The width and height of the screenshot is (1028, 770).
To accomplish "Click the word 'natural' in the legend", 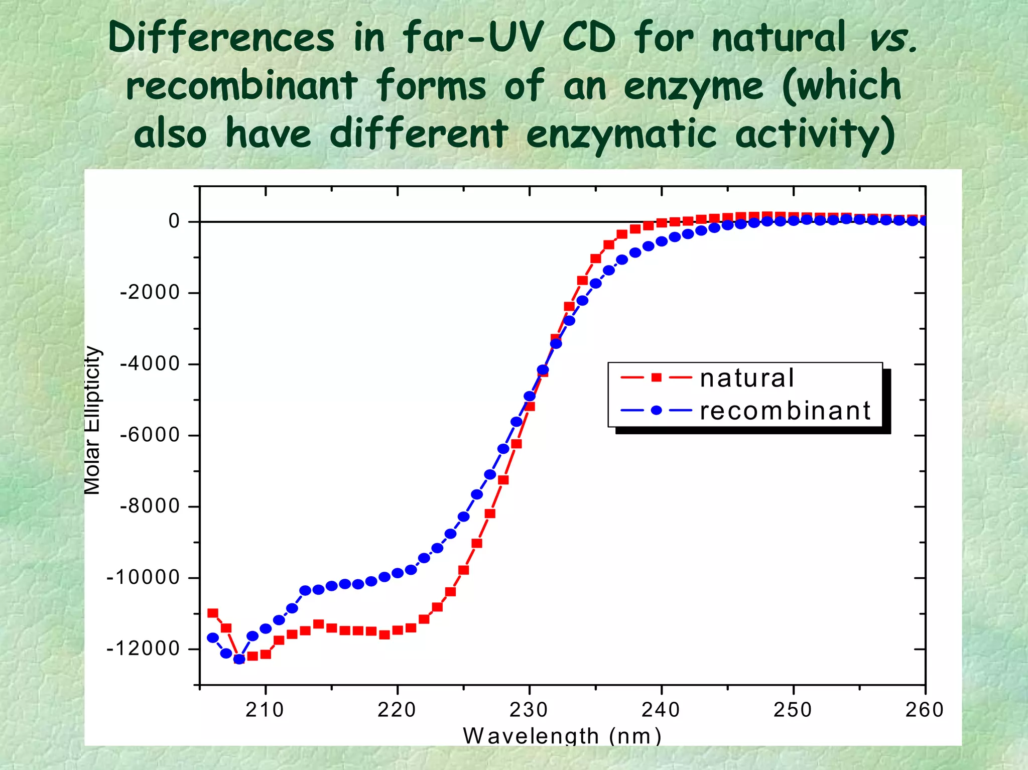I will [746, 378].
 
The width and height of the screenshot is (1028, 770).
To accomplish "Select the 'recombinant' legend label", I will [785, 411].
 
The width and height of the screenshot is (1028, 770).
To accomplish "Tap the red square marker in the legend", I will [656, 377].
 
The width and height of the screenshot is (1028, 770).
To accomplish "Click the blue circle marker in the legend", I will [656, 410].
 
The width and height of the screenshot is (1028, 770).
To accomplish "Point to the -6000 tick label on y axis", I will [150, 435].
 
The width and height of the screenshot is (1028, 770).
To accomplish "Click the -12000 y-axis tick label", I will [143, 649].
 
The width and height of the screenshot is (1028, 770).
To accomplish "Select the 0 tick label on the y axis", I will [174, 221].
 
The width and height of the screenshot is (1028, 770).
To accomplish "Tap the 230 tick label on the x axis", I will [529, 710].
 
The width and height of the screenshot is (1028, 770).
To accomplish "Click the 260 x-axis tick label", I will [924, 710].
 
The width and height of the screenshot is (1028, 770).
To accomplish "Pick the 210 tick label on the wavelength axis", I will [265, 710].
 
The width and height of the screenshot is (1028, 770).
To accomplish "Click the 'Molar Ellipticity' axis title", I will [92, 420].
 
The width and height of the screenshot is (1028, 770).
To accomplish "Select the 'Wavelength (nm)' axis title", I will [562, 736].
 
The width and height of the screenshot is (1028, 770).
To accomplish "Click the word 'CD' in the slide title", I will [588, 38].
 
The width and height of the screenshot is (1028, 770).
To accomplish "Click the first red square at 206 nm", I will [213, 613].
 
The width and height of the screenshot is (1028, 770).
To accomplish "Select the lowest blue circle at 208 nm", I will [239, 659].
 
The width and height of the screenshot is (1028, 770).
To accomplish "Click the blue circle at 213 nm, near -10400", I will [305, 590].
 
